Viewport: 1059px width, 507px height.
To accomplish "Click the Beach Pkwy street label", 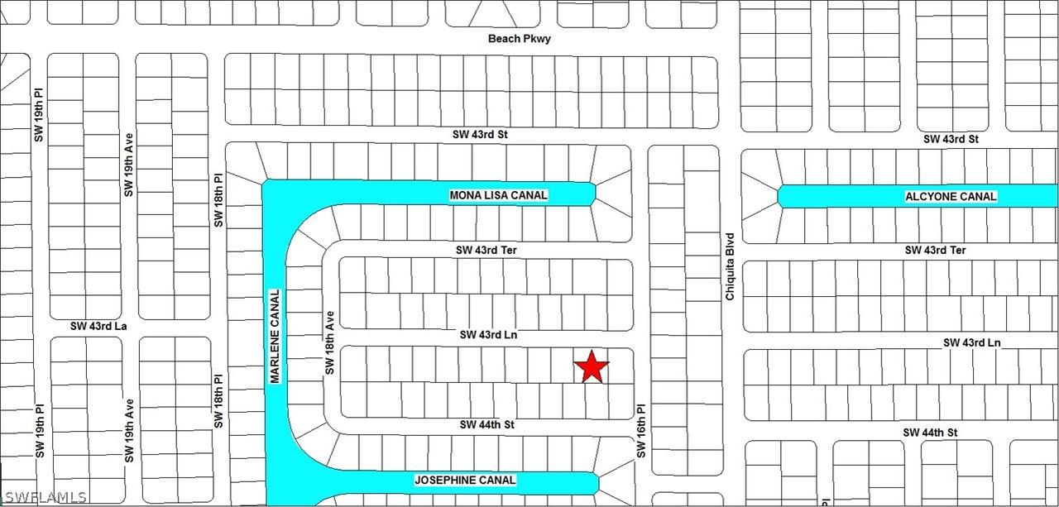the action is [519, 39].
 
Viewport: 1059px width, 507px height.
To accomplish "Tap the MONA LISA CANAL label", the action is [498, 195].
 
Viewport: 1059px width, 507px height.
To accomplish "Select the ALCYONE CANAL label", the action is [950, 197].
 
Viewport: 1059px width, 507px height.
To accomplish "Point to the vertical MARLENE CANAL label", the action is [276, 335].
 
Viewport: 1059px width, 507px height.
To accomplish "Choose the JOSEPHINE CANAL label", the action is [464, 480].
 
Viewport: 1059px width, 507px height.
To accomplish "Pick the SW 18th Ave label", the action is [328, 342].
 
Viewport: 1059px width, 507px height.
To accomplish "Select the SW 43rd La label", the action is [98, 327].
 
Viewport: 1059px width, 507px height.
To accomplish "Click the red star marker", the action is [592, 366].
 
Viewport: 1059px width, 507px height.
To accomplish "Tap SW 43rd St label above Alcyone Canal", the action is [951, 139].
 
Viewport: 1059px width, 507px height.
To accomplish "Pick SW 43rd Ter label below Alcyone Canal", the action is [935, 250].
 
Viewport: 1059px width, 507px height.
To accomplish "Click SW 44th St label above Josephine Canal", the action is [487, 424].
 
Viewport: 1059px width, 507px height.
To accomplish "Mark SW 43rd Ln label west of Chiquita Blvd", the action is [488, 335].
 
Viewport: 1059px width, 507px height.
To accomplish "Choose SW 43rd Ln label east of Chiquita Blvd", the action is [972, 342].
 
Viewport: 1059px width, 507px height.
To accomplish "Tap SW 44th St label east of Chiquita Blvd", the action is [929, 433].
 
